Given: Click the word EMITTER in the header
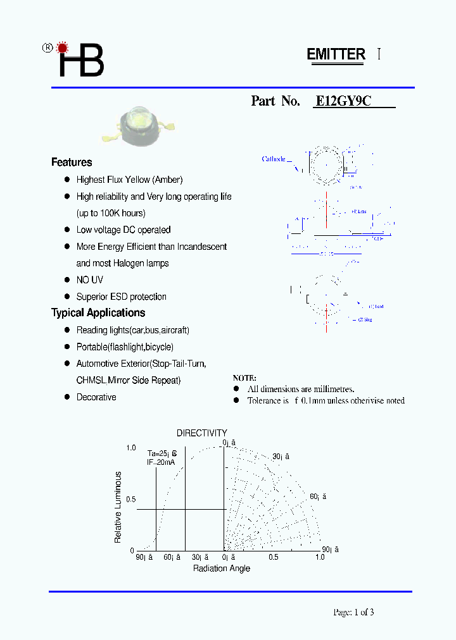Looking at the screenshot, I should [336, 54].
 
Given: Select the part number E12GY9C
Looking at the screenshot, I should [343, 101].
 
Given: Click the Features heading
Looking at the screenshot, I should [72, 163].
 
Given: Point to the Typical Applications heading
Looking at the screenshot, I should [98, 313].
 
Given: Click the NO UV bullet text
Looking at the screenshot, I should [90, 280].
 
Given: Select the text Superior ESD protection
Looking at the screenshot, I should [122, 297].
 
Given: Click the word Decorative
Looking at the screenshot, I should [96, 397].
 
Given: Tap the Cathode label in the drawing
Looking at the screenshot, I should [274, 159].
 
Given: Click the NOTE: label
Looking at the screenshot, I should [244, 378].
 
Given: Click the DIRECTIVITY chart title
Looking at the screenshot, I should [201, 433].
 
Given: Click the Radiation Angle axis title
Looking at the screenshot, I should [222, 569].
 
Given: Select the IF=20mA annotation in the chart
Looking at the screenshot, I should [161, 462].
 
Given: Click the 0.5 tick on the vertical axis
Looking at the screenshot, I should [130, 500].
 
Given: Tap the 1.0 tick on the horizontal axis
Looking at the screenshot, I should [319, 557].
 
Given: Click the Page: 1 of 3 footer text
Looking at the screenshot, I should [358, 612].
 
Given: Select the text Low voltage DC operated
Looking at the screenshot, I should [123, 230].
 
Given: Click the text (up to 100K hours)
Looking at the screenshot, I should [111, 213].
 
